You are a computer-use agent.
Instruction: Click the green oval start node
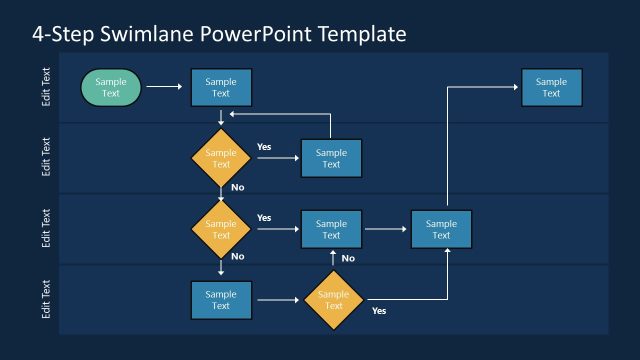(111, 88)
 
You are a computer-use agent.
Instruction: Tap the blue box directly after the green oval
(221, 88)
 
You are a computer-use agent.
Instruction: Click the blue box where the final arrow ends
(551, 88)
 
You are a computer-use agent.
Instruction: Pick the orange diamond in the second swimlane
(221, 158)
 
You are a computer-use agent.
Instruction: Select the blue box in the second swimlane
(331, 158)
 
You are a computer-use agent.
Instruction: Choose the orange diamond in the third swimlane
(221, 229)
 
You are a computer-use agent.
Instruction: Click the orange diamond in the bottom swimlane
(334, 300)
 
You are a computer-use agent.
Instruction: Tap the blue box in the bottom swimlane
(221, 300)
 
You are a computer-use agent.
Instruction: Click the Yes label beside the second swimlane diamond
(264, 147)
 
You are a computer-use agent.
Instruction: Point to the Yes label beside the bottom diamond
(379, 311)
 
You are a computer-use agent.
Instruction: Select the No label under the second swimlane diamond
(237, 187)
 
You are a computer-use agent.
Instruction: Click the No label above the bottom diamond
(348, 258)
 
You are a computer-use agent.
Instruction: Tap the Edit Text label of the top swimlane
(46, 88)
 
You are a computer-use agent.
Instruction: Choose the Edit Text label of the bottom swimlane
(46, 299)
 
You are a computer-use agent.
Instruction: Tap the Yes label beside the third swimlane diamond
(264, 217)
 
